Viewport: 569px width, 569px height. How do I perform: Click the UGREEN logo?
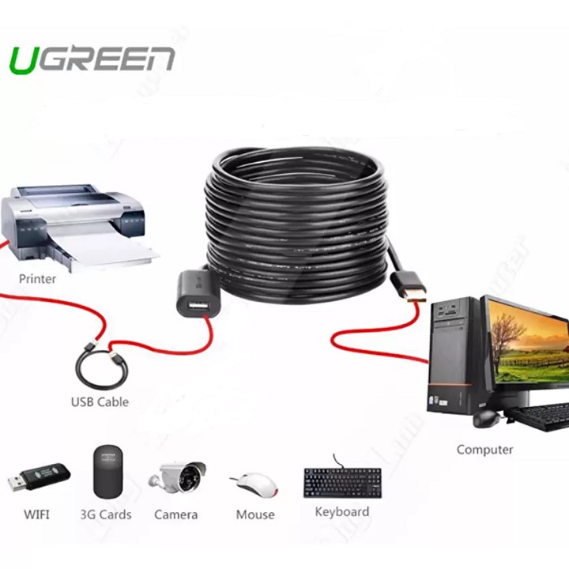coord(91,60)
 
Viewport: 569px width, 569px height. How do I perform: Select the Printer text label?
coord(37,278)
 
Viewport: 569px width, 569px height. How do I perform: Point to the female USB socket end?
coord(193,297)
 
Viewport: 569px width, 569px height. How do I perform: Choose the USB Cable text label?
coord(100,401)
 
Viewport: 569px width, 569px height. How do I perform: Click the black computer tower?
coord(455,356)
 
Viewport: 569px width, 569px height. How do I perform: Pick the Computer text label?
coord(484,450)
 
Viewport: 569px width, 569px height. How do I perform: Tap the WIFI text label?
coord(36,514)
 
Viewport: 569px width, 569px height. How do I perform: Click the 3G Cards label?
coord(106,514)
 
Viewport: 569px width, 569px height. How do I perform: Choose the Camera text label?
coord(175,514)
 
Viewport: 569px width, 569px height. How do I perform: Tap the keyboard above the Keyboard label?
coord(341,480)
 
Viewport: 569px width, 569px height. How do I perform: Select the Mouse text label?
coord(255,514)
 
